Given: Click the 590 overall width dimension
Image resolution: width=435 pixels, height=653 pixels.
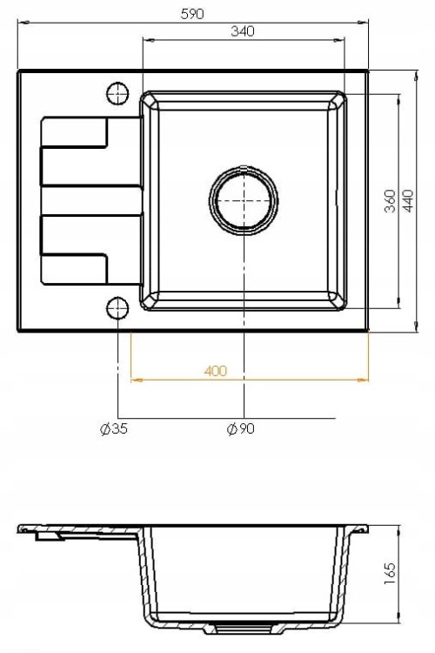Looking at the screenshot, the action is pyautogui.click(x=192, y=14).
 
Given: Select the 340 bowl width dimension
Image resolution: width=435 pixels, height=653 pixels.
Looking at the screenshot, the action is pyautogui.click(x=242, y=31).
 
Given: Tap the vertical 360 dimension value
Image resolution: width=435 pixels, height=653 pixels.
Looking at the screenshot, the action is pyautogui.click(x=390, y=201).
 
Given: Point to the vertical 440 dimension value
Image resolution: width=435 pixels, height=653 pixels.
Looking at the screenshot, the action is pyautogui.click(x=409, y=201).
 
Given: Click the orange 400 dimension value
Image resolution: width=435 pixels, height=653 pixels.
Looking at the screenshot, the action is pyautogui.click(x=216, y=371).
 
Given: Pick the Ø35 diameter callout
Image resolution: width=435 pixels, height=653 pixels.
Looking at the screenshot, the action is pyautogui.click(x=114, y=428).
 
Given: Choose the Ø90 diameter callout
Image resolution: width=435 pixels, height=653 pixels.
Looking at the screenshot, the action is pyautogui.click(x=241, y=428).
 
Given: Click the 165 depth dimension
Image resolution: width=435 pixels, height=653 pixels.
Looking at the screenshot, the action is pyautogui.click(x=390, y=574).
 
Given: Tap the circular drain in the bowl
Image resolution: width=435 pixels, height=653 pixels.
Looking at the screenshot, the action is pyautogui.click(x=244, y=200).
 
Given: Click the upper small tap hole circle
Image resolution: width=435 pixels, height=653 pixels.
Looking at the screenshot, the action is pyautogui.click(x=117, y=93).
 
